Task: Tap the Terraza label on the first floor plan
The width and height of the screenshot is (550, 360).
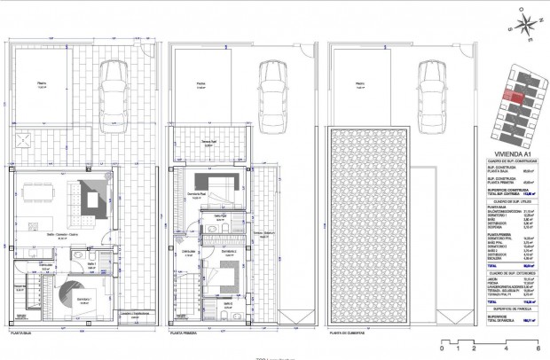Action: pos(208,142)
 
